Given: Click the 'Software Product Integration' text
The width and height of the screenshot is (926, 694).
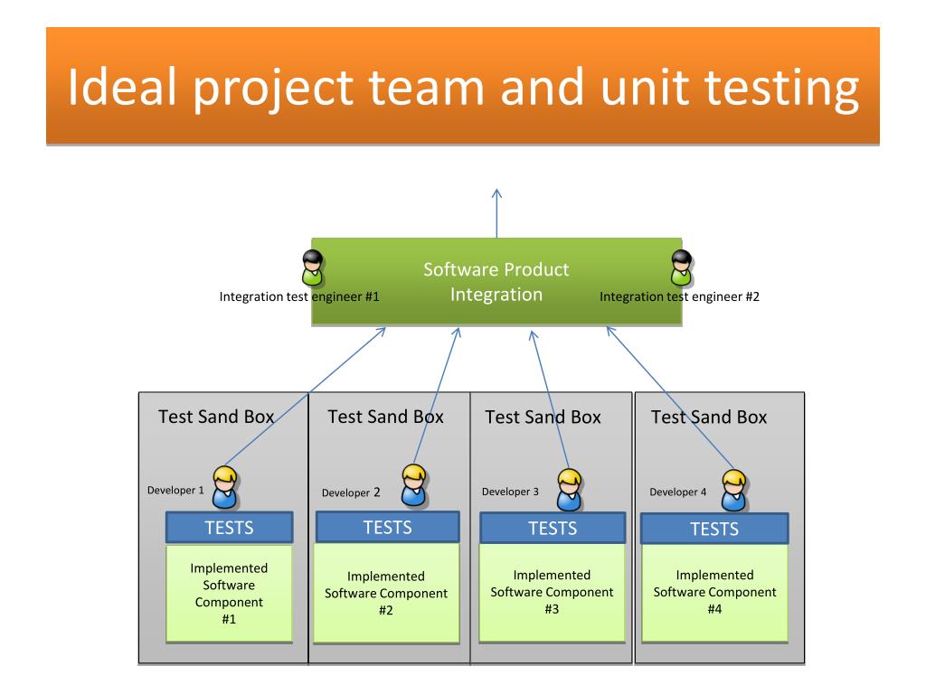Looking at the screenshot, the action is (496, 282).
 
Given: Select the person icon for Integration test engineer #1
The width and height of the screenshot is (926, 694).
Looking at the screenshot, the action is (312, 267).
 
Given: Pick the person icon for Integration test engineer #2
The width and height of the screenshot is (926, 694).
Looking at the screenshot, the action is (682, 267).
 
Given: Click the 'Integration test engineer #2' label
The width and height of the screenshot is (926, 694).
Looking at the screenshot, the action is (679, 296).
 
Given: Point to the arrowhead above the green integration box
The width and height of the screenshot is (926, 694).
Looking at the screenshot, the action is (496, 193).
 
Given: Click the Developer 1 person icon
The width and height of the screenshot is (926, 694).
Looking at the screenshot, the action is (225, 487).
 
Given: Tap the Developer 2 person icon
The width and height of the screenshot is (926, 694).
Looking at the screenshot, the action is (414, 485).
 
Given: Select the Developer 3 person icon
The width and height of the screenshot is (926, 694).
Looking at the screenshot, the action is (570, 490).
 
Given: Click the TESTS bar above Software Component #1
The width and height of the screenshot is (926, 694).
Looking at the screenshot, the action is (229, 527).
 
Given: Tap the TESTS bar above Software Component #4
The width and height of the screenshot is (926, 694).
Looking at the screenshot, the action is (714, 529).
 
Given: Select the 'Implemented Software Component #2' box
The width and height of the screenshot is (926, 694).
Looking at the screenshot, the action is (386, 593).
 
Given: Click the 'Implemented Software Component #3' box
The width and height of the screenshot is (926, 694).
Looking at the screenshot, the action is (553, 593).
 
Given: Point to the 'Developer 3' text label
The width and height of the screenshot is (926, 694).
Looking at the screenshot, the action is (510, 492).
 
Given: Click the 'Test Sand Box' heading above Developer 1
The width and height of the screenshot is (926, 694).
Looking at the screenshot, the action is (216, 417).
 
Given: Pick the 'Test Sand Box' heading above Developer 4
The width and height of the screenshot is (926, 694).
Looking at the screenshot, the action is (709, 417).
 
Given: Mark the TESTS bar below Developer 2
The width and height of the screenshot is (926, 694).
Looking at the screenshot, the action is (387, 527).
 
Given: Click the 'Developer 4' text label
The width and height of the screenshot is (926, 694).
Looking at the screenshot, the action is (678, 492).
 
